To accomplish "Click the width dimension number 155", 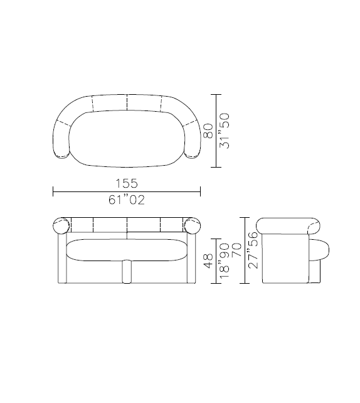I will point(126,183).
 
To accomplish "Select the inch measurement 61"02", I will point(126,201).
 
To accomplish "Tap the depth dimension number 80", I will point(208,131).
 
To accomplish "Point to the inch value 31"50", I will point(226,131).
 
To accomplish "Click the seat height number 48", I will point(208,261).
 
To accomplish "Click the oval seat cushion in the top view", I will point(127,139).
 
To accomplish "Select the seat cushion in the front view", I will point(127,250).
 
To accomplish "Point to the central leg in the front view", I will point(127,271).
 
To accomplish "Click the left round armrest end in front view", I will point(61,224).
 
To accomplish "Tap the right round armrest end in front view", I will point(192,224).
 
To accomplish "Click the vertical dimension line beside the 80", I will point(217,131).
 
